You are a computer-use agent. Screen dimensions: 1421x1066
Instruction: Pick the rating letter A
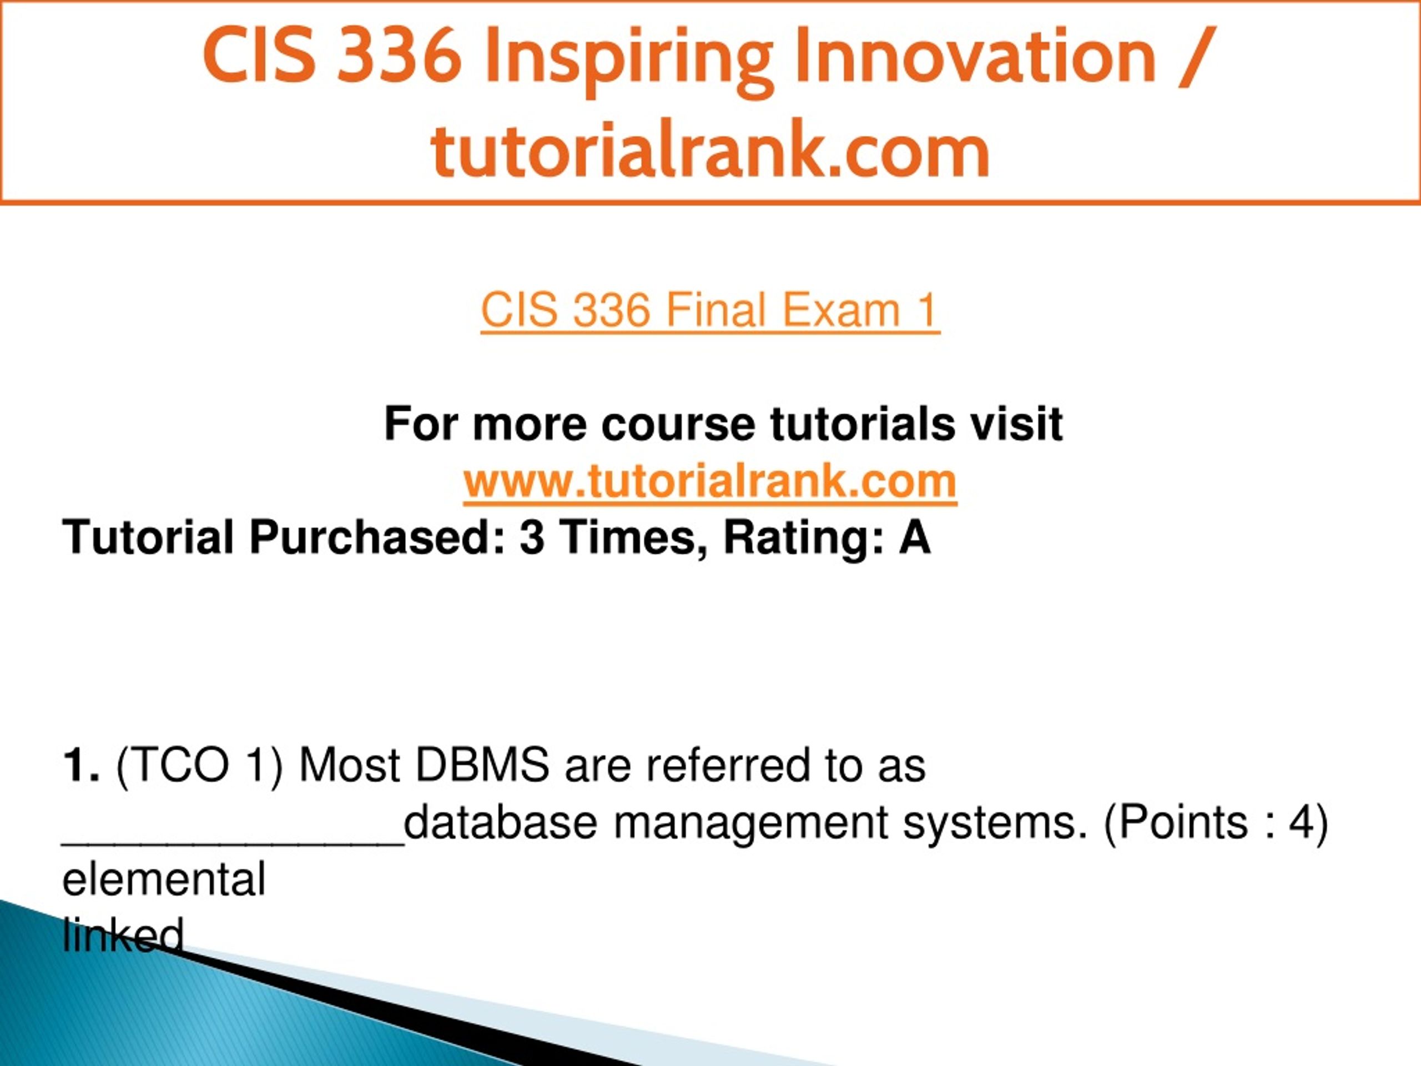click(x=915, y=537)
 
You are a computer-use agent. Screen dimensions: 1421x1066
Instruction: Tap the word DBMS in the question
click(x=482, y=765)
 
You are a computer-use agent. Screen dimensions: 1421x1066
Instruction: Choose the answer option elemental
click(x=164, y=879)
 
